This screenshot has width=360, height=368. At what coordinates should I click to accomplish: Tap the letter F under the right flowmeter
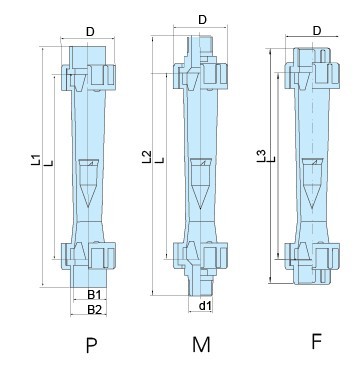click(315, 342)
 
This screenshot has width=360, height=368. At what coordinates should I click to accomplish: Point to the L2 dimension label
click(147, 156)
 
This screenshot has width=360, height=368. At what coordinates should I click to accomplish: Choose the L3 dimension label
click(261, 154)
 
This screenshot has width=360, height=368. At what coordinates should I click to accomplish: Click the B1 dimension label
click(93, 295)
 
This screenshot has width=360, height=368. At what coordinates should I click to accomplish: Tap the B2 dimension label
click(93, 310)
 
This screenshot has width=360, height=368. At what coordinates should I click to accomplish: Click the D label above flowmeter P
click(90, 32)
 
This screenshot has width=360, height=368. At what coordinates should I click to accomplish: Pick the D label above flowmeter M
click(202, 19)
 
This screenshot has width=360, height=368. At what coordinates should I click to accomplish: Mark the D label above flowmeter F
click(317, 31)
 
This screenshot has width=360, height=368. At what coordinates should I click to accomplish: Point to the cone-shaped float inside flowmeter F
click(315, 175)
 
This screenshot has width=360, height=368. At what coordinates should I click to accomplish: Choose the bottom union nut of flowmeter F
click(315, 254)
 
